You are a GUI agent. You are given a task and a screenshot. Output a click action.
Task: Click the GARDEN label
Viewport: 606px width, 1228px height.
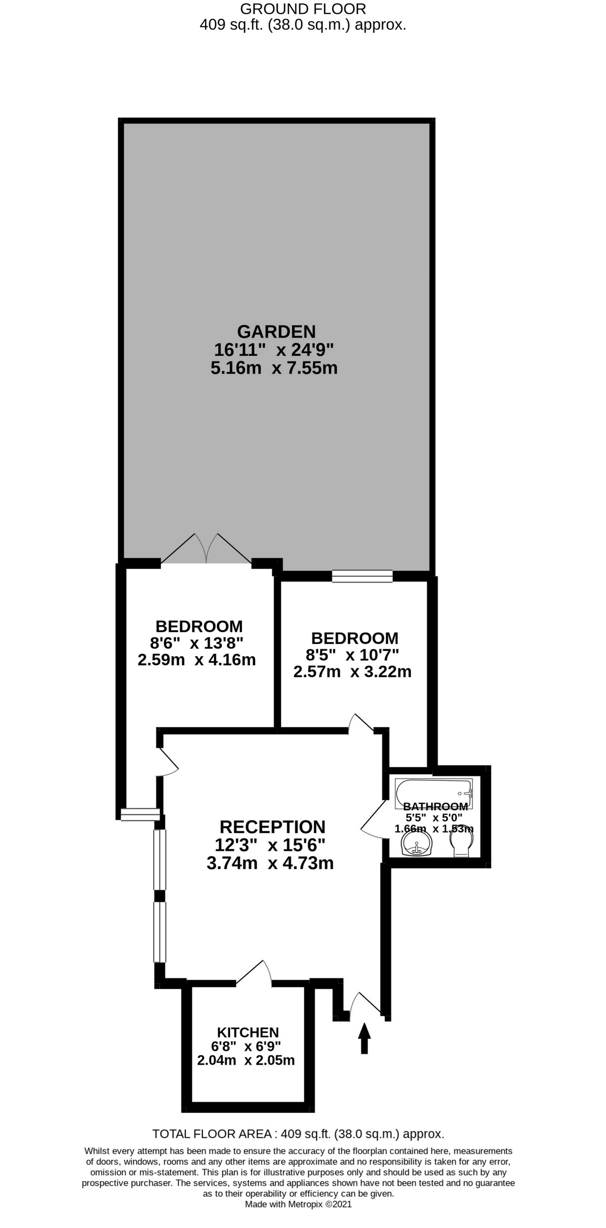point(276,331)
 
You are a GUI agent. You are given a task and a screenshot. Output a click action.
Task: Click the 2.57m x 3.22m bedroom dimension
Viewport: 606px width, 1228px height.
point(352,672)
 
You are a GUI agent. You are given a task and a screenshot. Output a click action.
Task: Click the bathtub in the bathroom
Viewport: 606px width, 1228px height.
point(434,793)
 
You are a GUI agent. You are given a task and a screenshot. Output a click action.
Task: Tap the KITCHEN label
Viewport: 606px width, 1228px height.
point(248,1032)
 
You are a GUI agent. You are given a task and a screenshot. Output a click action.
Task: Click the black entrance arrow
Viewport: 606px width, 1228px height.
point(364,1038)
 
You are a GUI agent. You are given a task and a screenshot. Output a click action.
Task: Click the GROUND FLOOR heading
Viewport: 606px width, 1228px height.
point(303,9)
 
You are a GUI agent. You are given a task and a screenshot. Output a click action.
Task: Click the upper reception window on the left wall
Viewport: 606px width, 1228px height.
point(159,859)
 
